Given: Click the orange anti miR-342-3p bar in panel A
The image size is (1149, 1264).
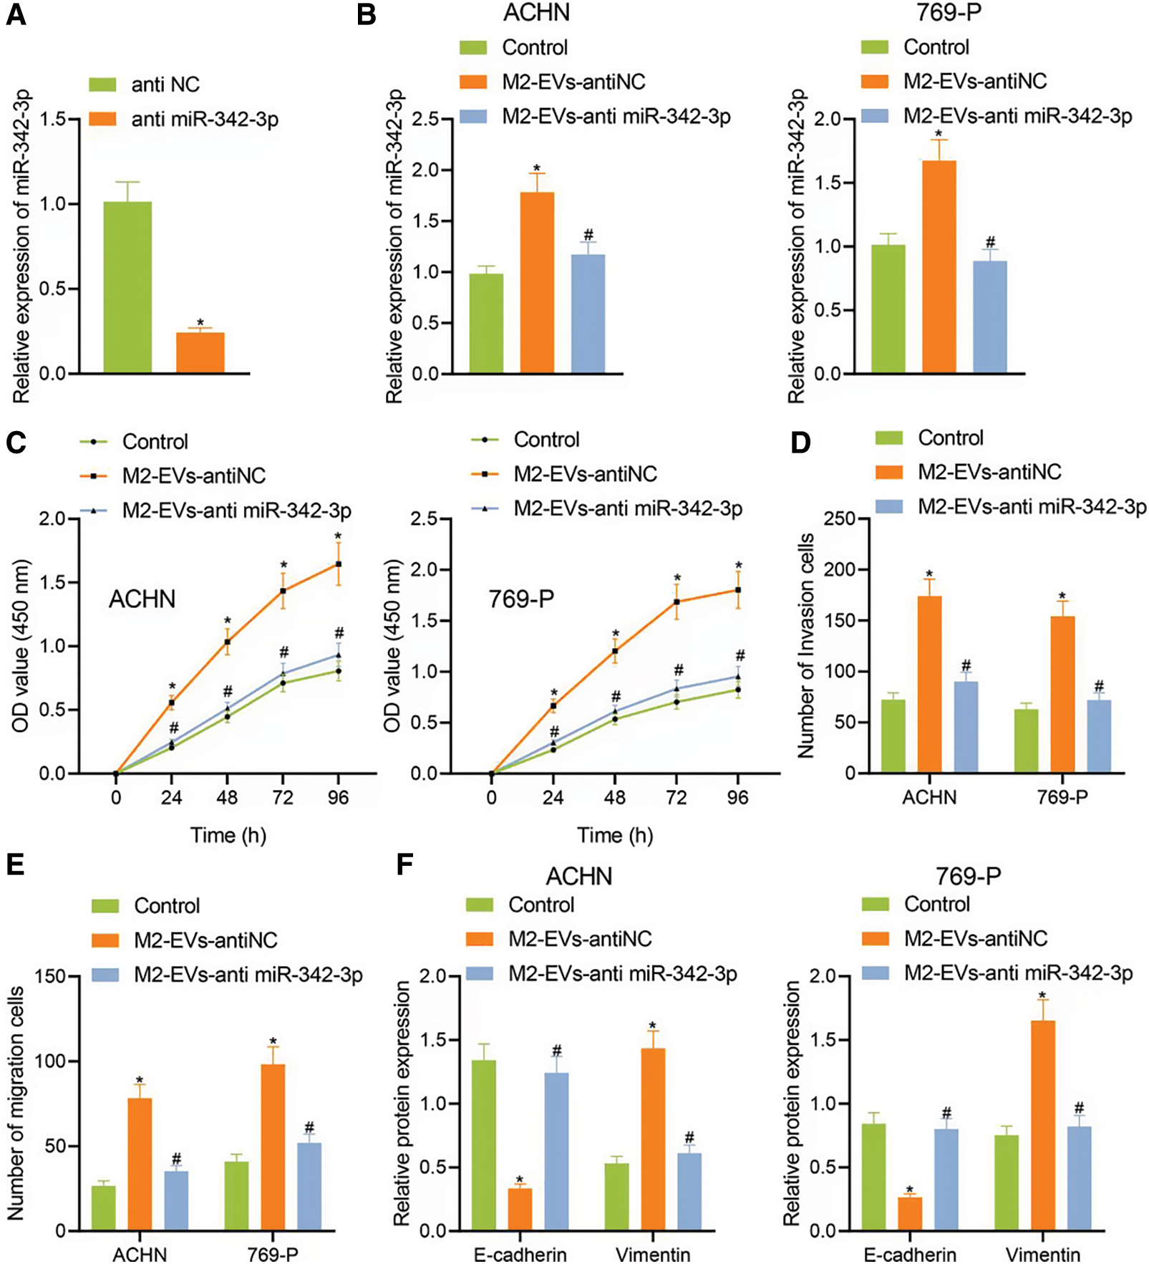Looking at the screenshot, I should click(x=200, y=352).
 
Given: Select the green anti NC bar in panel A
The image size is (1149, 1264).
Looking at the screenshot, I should click(x=127, y=286).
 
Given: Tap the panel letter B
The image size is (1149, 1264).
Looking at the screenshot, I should click(x=366, y=14).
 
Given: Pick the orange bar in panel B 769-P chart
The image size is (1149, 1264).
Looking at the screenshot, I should click(x=939, y=266).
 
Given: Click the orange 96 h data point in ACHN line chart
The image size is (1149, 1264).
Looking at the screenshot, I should click(x=339, y=564).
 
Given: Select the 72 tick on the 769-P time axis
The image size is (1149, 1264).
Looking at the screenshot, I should click(x=676, y=797).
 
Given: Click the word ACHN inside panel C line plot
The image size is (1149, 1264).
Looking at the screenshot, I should click(x=142, y=599).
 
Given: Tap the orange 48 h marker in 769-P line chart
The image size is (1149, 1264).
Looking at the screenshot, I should click(x=614, y=651).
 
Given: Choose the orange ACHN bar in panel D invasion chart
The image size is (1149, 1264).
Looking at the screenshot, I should click(x=929, y=684).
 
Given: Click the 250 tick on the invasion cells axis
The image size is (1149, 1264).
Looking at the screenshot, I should click(x=840, y=518).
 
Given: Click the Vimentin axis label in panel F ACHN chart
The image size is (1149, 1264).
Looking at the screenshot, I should click(x=653, y=1254).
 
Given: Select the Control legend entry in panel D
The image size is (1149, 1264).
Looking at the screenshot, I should click(x=950, y=438).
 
